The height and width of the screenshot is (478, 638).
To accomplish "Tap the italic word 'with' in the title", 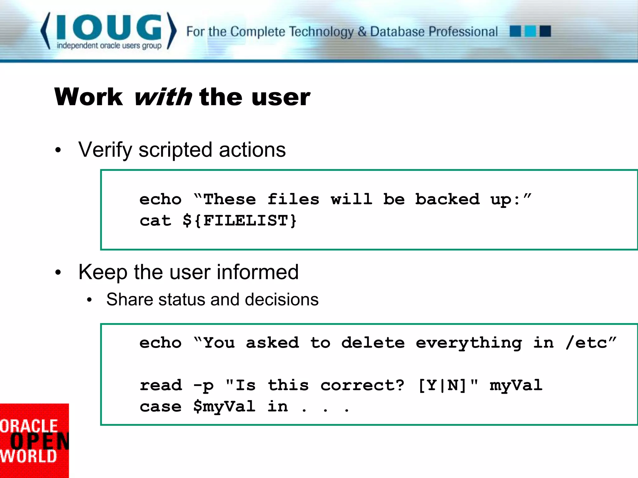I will pos(163,97).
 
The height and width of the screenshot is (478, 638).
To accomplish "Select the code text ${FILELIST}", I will pos(240,221).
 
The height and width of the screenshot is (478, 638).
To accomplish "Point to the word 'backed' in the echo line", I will pos(447,199).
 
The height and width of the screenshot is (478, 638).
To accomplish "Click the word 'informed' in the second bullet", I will pos(257,272).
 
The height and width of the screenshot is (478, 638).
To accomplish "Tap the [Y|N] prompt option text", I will pos(442,385).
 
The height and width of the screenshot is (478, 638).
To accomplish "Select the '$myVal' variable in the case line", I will pos(224,406).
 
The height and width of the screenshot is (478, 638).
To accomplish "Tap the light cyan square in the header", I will pos(530,31).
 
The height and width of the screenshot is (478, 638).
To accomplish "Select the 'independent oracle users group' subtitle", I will pos(109,46).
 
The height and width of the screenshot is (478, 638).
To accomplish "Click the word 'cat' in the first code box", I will pos(155,221).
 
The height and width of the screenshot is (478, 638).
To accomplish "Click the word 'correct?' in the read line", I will pos(362,385).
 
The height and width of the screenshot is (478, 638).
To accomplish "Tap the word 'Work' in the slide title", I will pos(88,97).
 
